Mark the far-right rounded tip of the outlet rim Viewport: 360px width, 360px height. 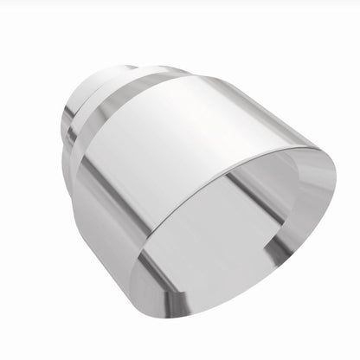(333, 183)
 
